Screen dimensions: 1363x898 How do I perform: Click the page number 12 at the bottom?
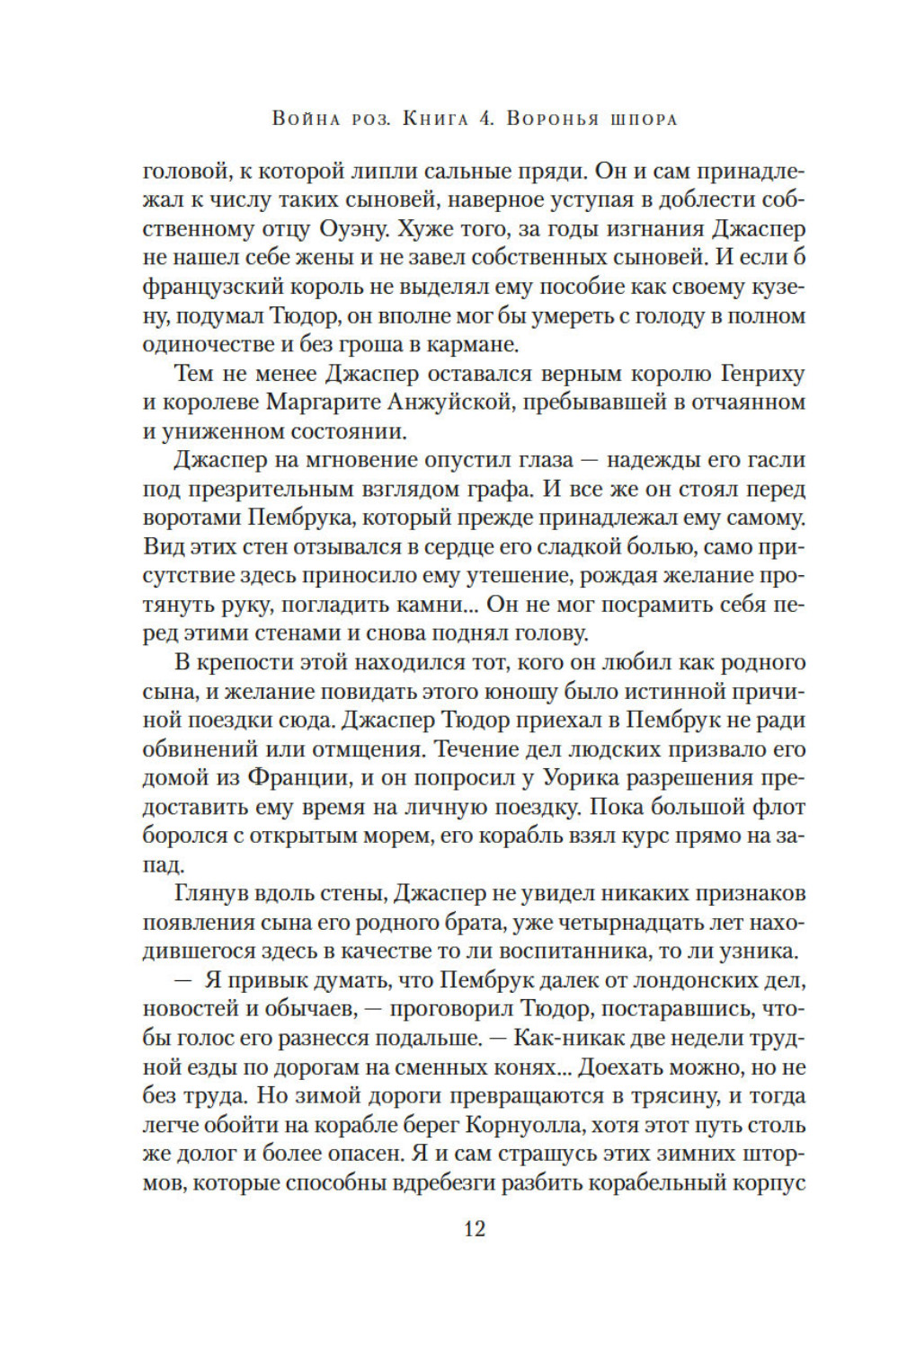pos(475,1228)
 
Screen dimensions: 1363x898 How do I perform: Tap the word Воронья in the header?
pos(554,119)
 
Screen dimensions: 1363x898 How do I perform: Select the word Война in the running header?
pos(307,119)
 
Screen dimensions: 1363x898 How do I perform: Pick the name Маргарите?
pos(335,402)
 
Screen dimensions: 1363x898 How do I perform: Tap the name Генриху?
pos(761,373)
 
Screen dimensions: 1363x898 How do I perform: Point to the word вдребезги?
pos(445,1183)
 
